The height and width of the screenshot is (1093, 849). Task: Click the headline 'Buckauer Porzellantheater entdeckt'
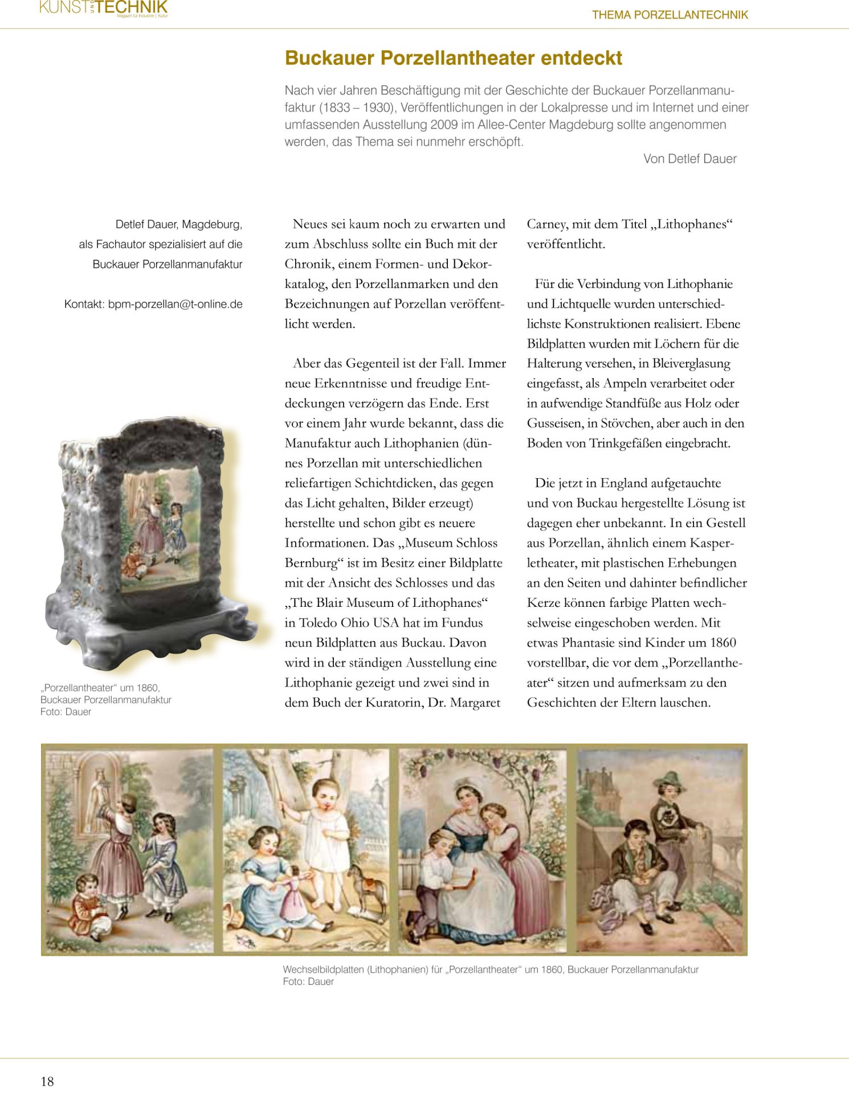(x=453, y=58)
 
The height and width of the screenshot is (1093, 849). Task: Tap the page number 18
(x=47, y=1081)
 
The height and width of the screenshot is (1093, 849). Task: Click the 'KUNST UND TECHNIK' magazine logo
(x=104, y=8)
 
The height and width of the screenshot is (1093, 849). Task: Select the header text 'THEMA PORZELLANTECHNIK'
(x=670, y=15)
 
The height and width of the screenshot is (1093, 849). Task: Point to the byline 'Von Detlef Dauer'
(x=689, y=159)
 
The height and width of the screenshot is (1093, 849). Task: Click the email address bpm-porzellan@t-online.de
(x=175, y=304)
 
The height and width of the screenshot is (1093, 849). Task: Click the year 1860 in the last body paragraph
(x=723, y=643)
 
